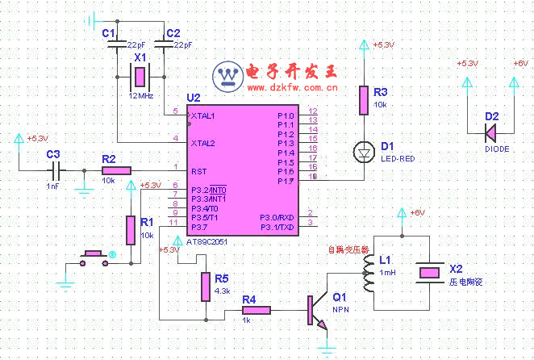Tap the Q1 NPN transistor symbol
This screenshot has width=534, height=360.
316,309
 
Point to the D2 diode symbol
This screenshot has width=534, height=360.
492,129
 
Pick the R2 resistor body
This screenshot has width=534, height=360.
117,170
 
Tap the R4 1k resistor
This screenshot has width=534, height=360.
257,308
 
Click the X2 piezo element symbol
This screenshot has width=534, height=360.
428,273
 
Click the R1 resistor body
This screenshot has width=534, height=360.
131,229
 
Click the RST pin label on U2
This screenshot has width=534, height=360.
199,170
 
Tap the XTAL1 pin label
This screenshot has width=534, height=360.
203,116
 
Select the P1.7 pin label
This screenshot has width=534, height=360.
286,181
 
